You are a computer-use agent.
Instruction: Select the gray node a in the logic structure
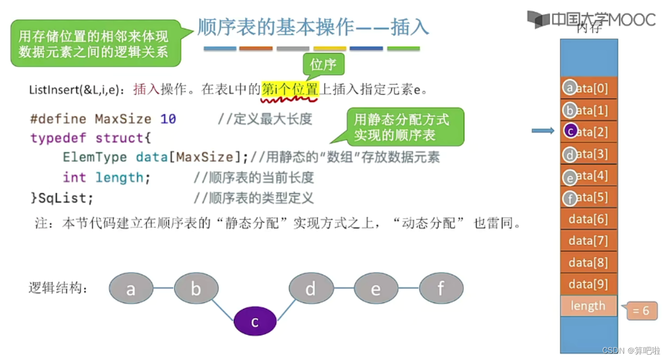pyautogui.click(x=131, y=288)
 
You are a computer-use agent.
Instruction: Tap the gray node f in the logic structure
pyautogui.click(x=441, y=288)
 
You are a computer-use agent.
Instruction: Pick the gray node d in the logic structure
pyautogui.click(x=311, y=288)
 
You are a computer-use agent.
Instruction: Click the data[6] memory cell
pyautogui.click(x=588, y=219)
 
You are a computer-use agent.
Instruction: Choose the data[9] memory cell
pyautogui.click(x=588, y=284)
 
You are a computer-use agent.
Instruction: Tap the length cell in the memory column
pyautogui.click(x=588, y=306)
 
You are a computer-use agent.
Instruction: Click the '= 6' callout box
pyautogui.click(x=640, y=311)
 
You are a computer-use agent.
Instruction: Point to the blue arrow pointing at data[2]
pyautogui.click(x=543, y=131)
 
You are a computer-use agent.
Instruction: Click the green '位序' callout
pyautogui.click(x=323, y=64)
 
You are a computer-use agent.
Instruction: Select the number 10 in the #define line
pyautogui.click(x=168, y=119)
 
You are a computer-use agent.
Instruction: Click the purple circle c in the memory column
pyautogui.click(x=570, y=131)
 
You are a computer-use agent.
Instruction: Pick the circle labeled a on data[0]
pyautogui.click(x=570, y=88)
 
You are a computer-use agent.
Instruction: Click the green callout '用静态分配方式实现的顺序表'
pyautogui.click(x=401, y=127)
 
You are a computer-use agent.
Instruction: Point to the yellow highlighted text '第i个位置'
pyautogui.click(x=290, y=89)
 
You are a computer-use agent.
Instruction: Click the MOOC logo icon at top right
pyautogui.click(x=539, y=19)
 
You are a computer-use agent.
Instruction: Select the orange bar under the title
pyautogui.click(x=256, y=49)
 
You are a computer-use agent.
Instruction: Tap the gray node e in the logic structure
pyautogui.click(x=376, y=288)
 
